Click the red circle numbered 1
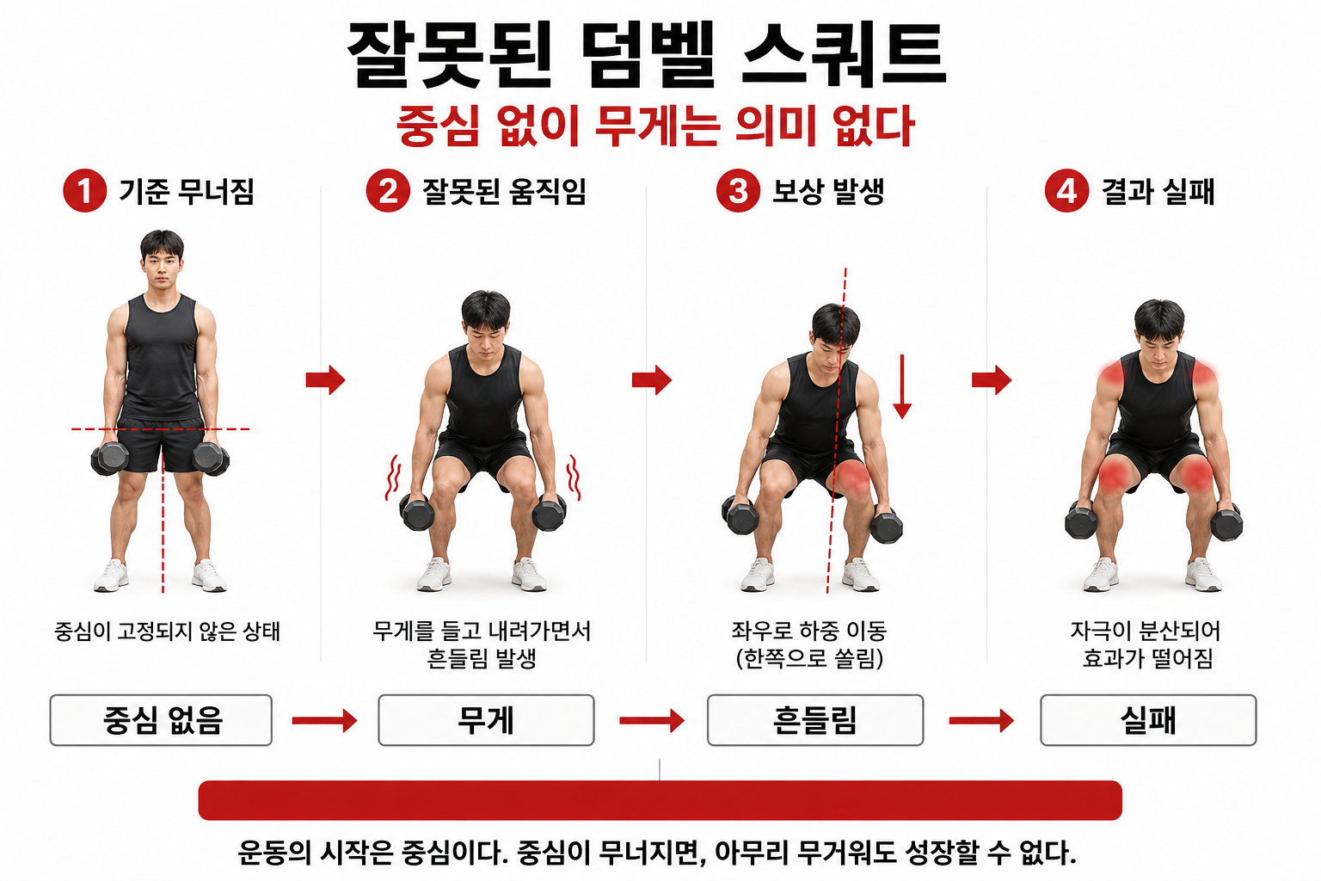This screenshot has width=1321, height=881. click(84, 190)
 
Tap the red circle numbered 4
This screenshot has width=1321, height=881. click(1066, 190)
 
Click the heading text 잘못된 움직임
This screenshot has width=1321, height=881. click(504, 191)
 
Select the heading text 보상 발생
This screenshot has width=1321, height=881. click(828, 191)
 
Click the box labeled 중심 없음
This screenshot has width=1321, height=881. click(161, 720)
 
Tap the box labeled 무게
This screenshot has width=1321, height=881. click(486, 720)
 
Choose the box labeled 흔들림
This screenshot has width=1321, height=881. click(814, 720)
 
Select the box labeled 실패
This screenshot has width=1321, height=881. click(1148, 720)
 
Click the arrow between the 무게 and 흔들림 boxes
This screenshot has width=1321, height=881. click(651, 720)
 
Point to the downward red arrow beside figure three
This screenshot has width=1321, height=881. click(901, 387)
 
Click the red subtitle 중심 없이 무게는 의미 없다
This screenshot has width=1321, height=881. click(655, 126)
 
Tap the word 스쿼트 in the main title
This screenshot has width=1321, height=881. click(843, 55)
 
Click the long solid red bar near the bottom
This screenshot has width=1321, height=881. click(660, 800)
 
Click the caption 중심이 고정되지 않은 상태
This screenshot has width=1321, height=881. click(167, 631)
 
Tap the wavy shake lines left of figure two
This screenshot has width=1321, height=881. click(393, 477)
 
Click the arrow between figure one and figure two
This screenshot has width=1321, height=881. click(325, 379)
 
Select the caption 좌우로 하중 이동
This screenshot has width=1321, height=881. click(808, 631)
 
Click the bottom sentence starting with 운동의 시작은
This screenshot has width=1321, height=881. click(657, 853)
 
